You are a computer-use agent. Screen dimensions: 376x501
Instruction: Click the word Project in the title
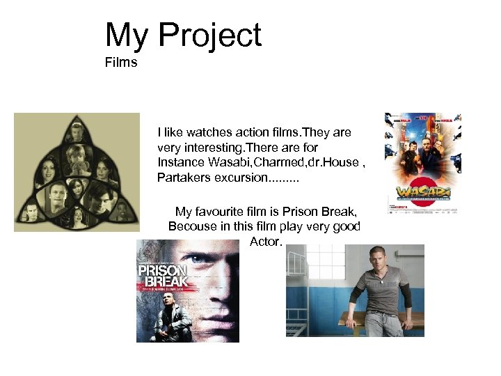pyautogui.click(x=210, y=36)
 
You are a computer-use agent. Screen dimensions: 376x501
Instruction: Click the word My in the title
pyautogui.click(x=127, y=36)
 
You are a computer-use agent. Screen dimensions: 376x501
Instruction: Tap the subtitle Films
pyautogui.click(x=122, y=63)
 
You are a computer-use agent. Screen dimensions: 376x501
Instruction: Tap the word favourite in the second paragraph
pyautogui.click(x=221, y=212)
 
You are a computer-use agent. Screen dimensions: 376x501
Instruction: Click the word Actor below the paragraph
pyautogui.click(x=264, y=242)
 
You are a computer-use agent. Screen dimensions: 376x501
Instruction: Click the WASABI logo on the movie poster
pyautogui.click(x=422, y=191)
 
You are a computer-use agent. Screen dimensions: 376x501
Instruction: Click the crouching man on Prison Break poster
pyautogui.click(x=168, y=317)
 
